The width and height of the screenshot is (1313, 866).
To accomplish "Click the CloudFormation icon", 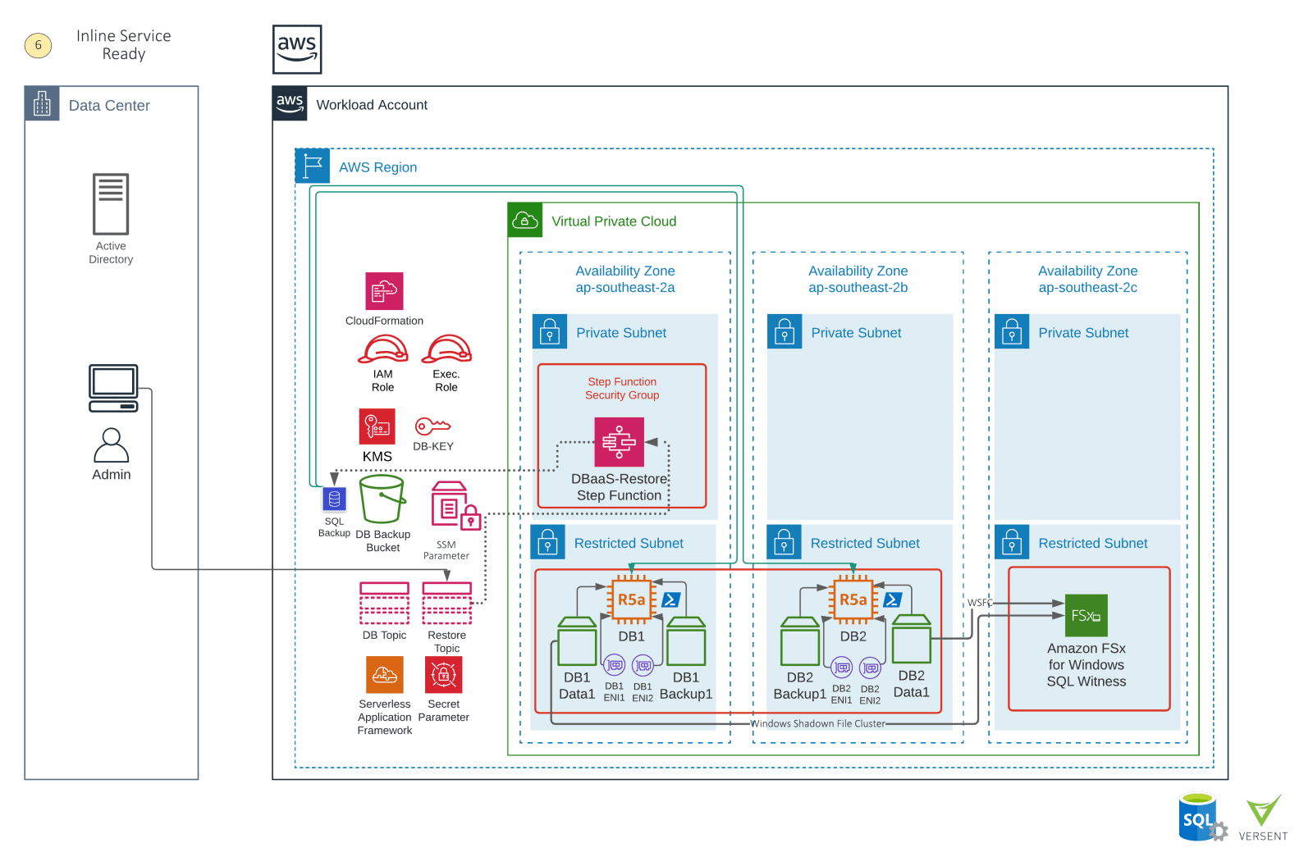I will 384,291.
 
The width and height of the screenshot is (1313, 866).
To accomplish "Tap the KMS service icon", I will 377,426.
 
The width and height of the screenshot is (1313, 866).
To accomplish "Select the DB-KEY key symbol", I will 432,426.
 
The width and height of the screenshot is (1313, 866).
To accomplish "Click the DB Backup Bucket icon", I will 382,499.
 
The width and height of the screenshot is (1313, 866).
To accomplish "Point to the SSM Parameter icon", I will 450,507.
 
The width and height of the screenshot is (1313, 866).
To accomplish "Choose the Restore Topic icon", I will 446,604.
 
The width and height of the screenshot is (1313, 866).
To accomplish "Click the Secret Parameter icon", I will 443,675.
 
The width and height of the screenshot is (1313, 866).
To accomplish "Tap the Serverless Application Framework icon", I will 384,675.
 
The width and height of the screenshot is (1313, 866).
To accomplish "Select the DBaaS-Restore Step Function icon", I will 619,442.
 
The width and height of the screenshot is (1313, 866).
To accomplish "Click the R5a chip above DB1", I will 631,599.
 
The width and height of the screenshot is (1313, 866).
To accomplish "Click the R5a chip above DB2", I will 853,599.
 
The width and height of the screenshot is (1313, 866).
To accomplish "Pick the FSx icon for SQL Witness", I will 1086,615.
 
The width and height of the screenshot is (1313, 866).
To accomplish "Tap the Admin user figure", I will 111,446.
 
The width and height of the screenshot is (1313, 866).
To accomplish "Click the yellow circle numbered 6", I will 38,45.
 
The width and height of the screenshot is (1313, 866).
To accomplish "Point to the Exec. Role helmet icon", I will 447,349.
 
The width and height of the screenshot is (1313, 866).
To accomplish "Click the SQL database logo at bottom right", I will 1199,817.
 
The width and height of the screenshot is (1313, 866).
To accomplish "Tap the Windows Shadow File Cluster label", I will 817,723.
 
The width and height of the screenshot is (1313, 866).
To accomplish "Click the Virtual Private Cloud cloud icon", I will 525,221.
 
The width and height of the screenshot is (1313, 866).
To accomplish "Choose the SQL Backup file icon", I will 334,499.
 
